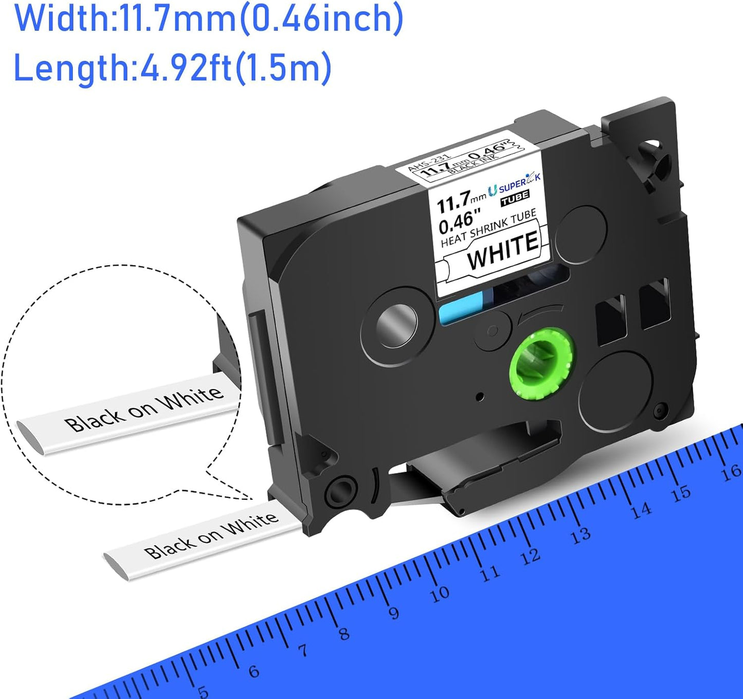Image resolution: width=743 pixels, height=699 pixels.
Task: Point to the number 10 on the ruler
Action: coord(440,594)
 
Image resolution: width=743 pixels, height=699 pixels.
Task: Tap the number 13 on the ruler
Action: coord(580,535)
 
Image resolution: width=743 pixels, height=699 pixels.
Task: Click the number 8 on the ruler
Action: coord(343,633)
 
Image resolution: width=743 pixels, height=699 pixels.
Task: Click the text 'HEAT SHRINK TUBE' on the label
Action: coord(488,228)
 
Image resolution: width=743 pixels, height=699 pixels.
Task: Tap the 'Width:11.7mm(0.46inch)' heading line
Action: coord(209,19)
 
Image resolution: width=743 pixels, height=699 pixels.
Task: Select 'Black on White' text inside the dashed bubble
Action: coord(144,409)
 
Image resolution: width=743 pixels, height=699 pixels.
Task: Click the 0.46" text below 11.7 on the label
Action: coord(457,220)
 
